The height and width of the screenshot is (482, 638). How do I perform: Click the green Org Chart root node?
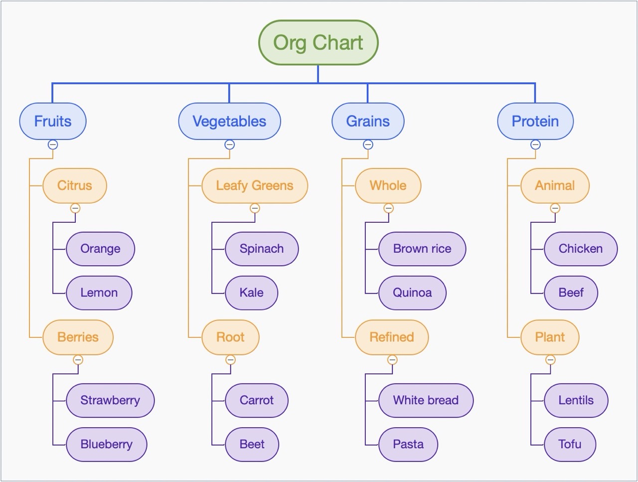318,43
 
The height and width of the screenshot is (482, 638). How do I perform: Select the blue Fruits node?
53,121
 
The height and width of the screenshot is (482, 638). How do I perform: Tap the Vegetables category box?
229,121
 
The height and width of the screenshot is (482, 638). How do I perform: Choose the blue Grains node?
368,121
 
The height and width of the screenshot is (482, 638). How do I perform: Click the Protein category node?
535,121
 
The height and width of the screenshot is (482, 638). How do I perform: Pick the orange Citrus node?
75,185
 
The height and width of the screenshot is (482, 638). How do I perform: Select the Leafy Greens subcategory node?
255,185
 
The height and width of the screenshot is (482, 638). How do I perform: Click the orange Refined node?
392,337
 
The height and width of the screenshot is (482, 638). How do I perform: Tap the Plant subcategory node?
550,337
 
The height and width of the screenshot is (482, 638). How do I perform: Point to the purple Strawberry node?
110,400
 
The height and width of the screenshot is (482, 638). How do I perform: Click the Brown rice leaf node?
422,249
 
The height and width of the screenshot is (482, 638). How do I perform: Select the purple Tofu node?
570,444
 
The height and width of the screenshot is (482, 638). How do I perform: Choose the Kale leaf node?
251,293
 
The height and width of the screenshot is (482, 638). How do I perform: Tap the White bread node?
426,400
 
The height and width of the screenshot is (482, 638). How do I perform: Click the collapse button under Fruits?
53,145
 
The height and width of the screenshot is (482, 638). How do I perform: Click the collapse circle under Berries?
78,360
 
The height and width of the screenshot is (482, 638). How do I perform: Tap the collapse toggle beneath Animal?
555,208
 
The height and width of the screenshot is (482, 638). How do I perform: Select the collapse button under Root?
230,360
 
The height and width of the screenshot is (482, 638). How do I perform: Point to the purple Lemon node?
99,293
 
